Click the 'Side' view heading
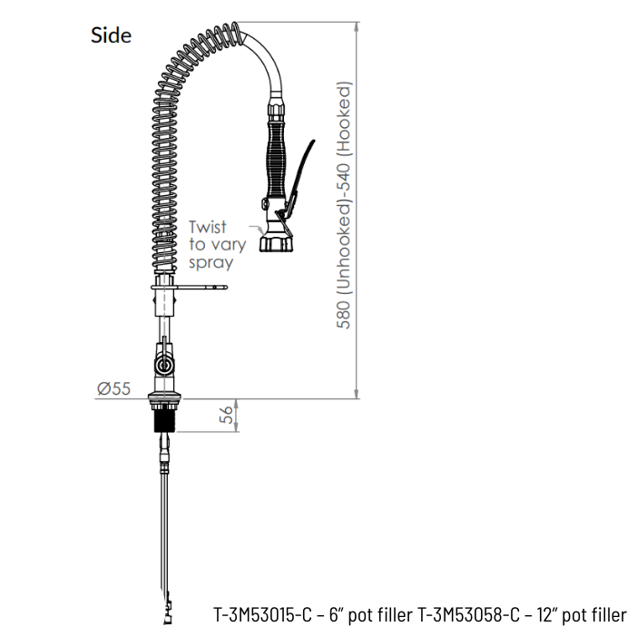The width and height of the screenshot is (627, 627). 112,35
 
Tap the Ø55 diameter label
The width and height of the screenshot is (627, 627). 114,388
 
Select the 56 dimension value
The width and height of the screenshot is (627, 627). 226,415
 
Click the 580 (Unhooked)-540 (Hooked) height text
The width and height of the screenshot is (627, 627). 344,205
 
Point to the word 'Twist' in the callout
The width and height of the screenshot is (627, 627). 208,227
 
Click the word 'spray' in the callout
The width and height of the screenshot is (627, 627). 211,263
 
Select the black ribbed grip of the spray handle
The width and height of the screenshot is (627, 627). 278,159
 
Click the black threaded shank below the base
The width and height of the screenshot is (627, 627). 164,421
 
